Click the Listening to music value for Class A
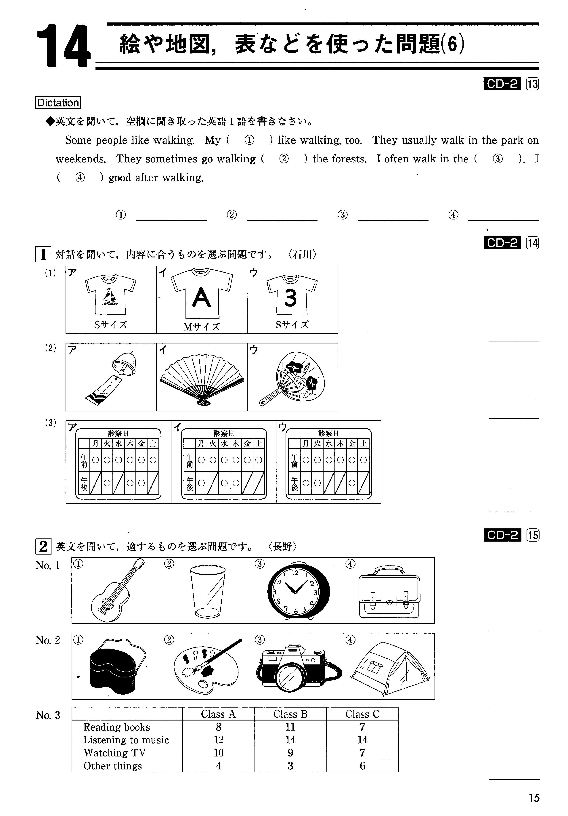coord(219,740)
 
